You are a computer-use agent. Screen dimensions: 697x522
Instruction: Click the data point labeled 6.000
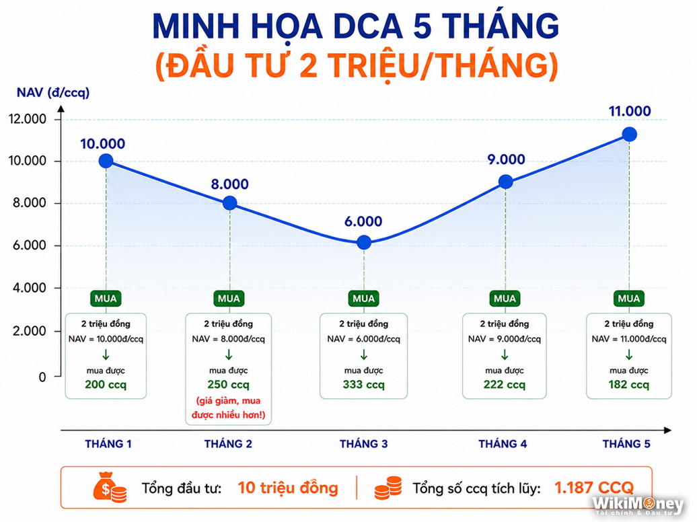[x=363, y=242]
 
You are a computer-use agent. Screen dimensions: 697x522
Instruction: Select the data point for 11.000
[x=629, y=135]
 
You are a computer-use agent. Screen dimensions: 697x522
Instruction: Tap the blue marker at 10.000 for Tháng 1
[x=106, y=161]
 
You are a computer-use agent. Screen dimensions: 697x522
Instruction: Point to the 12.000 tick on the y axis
[x=28, y=119]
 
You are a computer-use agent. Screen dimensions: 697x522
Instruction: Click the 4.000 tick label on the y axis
[x=30, y=288]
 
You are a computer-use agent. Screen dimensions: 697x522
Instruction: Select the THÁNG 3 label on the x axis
[x=363, y=444]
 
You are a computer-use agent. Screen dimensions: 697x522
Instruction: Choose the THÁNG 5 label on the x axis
[x=626, y=444]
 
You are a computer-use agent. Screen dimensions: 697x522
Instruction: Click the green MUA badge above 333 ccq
[x=363, y=299]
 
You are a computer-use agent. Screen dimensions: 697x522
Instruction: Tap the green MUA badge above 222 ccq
[x=505, y=299]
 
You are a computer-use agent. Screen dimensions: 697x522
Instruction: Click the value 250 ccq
[x=229, y=385]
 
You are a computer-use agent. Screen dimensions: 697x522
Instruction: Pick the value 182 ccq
[x=628, y=385]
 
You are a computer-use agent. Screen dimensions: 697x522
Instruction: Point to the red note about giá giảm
[x=229, y=408]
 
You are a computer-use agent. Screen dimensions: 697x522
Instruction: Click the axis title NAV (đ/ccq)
[x=53, y=92]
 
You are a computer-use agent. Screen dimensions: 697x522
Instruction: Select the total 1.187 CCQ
[x=594, y=488]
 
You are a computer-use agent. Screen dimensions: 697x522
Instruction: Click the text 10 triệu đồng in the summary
[x=287, y=488]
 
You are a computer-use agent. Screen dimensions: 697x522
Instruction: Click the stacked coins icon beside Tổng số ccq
[x=388, y=488]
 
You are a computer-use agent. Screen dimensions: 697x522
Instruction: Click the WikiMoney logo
[x=638, y=506]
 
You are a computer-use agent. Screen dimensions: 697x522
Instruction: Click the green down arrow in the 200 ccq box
[x=106, y=355]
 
